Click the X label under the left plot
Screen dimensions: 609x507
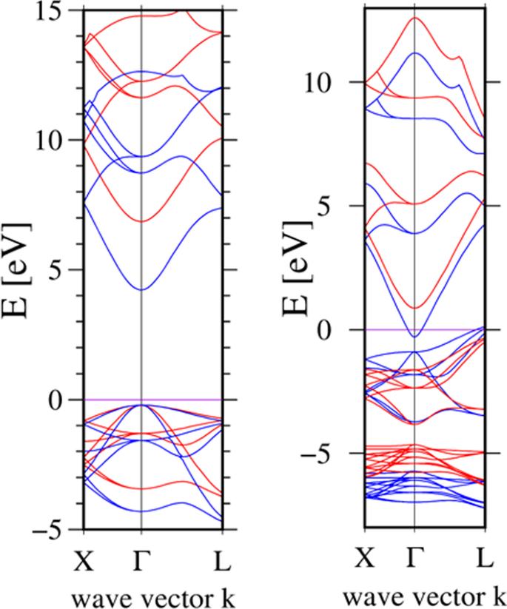tap(84, 564)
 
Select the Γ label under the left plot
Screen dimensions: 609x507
tap(141, 564)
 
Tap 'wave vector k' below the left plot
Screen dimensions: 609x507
tap(152, 595)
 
